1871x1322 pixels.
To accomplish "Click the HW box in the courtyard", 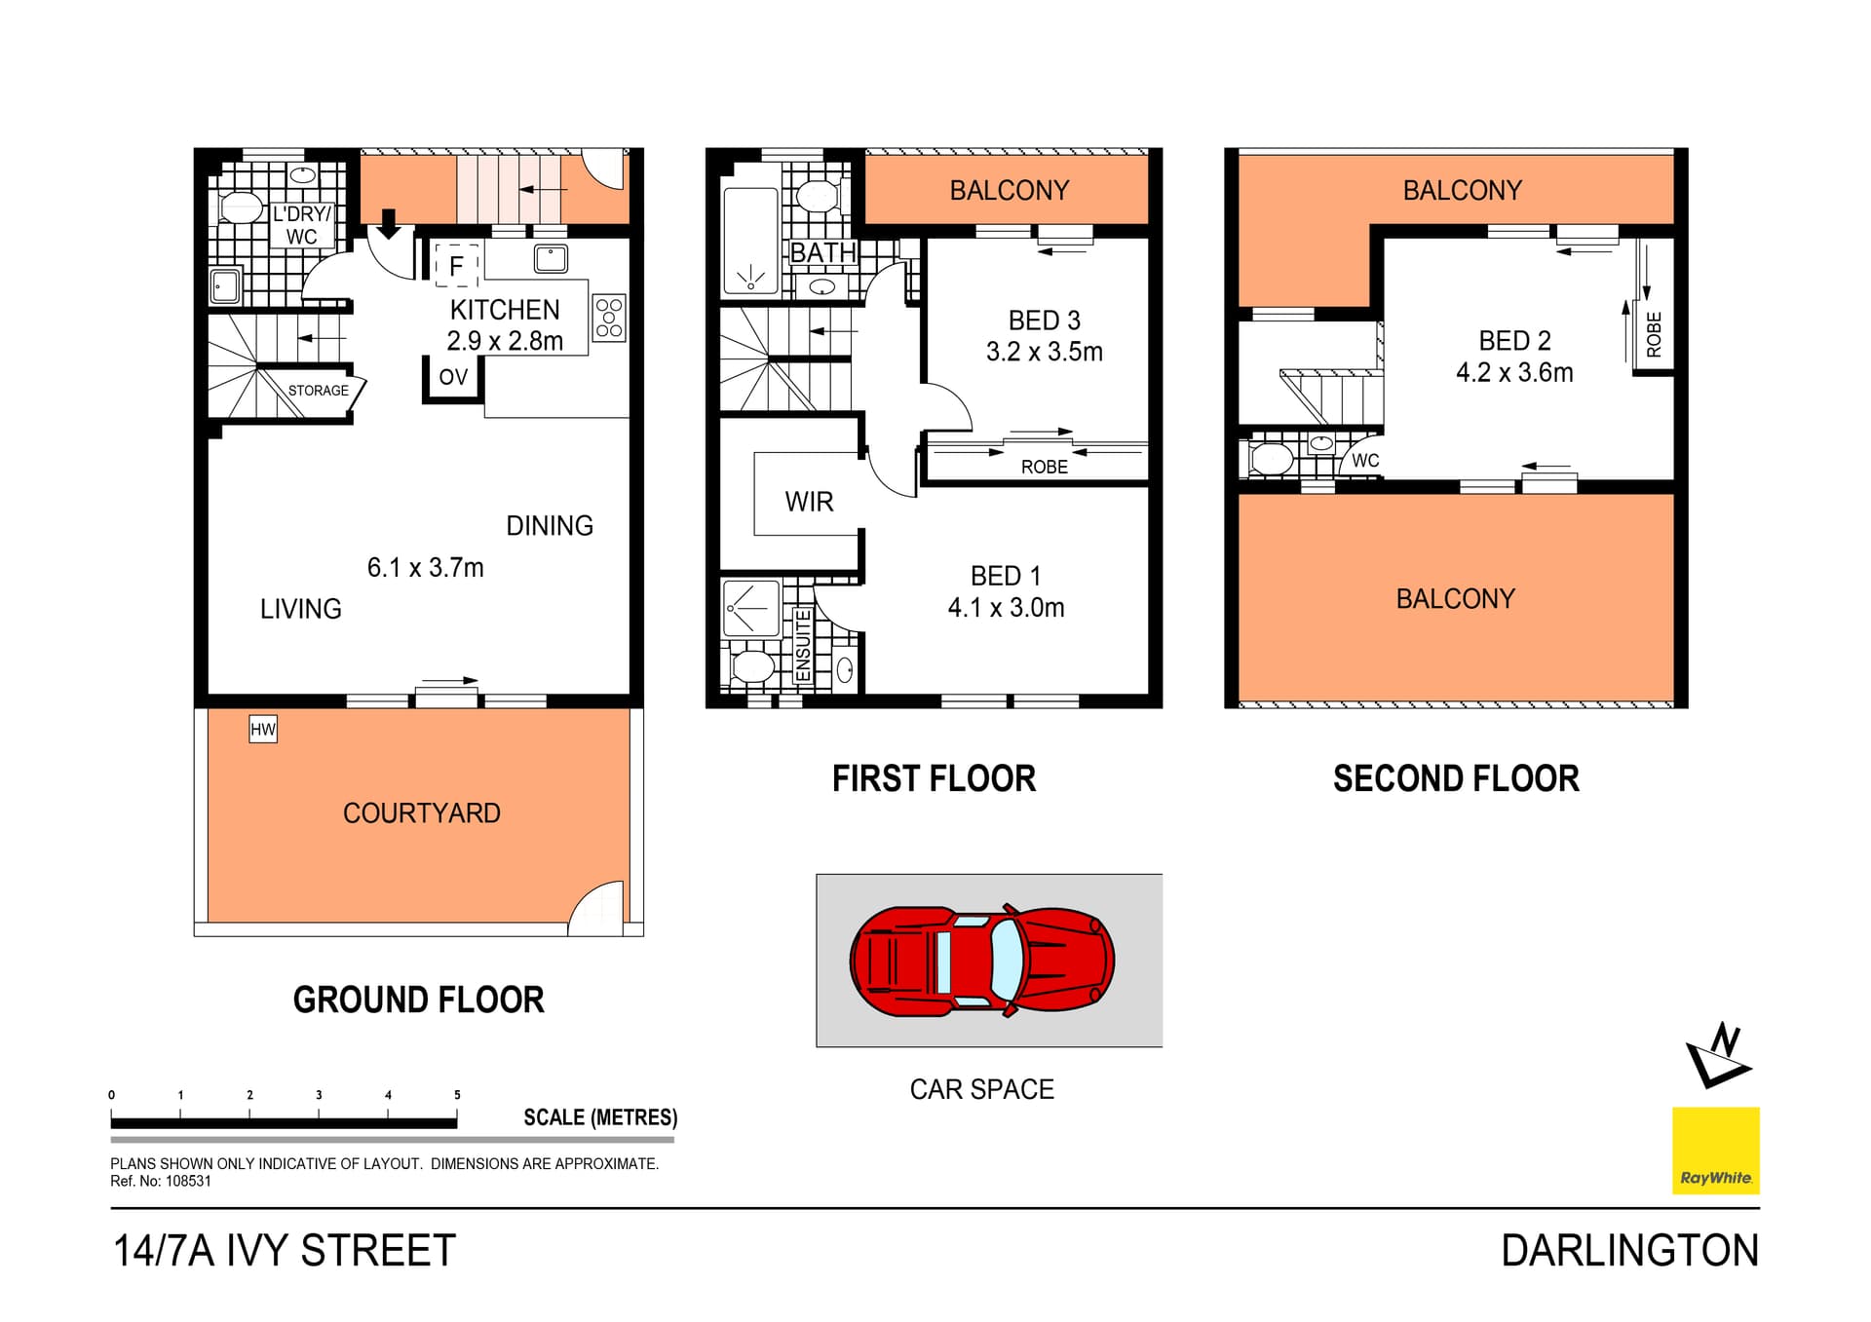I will (x=263, y=729).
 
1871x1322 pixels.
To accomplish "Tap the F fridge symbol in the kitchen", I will (x=455, y=265).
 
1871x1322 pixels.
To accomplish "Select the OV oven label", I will (x=453, y=377).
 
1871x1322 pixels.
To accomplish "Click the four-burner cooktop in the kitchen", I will (x=609, y=318).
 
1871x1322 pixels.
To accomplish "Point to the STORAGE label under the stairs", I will (x=318, y=391).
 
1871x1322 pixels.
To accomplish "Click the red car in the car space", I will (x=981, y=961).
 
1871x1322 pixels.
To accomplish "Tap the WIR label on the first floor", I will (x=809, y=502).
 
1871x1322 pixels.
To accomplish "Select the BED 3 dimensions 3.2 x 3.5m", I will (x=1044, y=352).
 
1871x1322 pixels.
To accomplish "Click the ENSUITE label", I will (x=803, y=646).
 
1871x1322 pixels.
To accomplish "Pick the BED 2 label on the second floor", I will (x=1514, y=340).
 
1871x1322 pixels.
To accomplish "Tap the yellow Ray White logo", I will (x=1715, y=1151).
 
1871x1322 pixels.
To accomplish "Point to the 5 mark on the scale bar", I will (x=457, y=1095).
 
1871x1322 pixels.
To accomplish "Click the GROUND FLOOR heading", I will (x=418, y=1000).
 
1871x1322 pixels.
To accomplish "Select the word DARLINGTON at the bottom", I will (x=1629, y=1251).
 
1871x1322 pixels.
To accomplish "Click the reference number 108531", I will (x=188, y=1181).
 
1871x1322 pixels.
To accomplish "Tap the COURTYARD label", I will (x=421, y=812).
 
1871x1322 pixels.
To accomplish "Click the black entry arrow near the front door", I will (x=389, y=224).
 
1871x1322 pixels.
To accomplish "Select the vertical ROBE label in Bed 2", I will (x=1654, y=334).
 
